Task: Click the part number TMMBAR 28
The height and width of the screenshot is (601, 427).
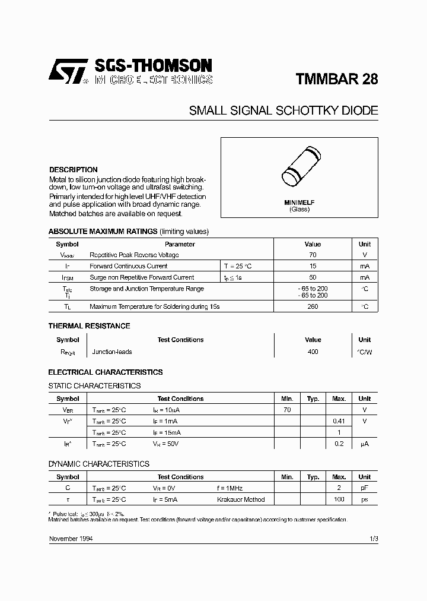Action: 336,80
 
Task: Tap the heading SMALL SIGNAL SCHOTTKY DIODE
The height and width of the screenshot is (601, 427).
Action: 283,110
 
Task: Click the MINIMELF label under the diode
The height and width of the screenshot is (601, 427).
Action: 299,203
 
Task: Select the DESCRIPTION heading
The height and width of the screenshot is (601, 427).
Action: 73,169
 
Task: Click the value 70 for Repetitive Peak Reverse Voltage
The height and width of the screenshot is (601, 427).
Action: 313,255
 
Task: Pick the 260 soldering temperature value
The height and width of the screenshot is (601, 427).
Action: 313,306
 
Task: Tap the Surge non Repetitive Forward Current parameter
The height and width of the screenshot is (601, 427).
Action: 142,277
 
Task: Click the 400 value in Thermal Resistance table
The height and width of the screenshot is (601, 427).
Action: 313,352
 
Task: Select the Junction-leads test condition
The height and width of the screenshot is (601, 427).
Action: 112,352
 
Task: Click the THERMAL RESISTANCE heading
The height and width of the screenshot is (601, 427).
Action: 89,326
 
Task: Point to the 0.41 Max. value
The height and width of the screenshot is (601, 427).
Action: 339,421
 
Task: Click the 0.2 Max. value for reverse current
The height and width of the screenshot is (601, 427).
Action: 339,444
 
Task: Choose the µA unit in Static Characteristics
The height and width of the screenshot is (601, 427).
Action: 364,444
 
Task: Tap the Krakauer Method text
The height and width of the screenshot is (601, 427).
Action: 241,499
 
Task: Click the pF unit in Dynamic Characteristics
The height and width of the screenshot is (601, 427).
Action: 364,488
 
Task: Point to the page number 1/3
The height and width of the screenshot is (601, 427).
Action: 373,538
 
